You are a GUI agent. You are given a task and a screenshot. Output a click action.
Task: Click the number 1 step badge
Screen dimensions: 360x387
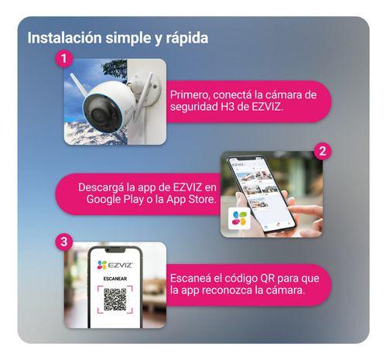click(65, 59)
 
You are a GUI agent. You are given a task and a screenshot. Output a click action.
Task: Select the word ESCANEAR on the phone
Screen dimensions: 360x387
click(114, 279)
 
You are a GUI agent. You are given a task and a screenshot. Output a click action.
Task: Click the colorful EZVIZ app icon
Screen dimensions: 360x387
click(239, 218)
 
